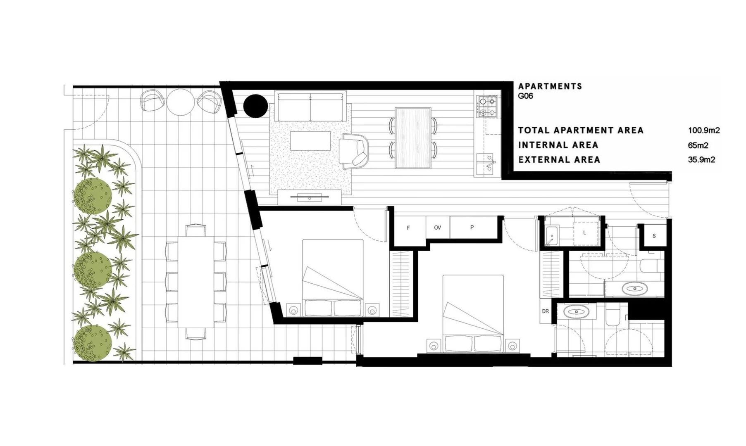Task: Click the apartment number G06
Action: pyautogui.click(x=525, y=96)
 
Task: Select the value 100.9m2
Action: pyautogui.click(x=703, y=130)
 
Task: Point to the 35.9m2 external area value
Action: pyautogui.click(x=701, y=160)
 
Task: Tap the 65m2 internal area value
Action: pyautogui.click(x=698, y=145)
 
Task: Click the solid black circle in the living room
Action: pyautogui.click(x=255, y=106)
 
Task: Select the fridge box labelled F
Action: pyautogui.click(x=408, y=228)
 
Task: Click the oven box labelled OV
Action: pyautogui.click(x=437, y=228)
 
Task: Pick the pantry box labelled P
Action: pyautogui.click(x=472, y=228)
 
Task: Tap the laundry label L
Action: pyautogui.click(x=584, y=233)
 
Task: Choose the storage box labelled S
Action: pyautogui.click(x=654, y=236)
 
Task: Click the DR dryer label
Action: pyautogui.click(x=546, y=311)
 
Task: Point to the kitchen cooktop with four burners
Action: pyautogui.click(x=488, y=106)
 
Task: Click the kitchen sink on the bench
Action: pyautogui.click(x=487, y=163)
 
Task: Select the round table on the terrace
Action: pyautogui.click(x=181, y=102)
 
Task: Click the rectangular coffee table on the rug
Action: pyautogui.click(x=310, y=141)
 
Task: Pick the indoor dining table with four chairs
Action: pyautogui.click(x=413, y=138)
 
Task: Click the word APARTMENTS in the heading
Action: pyautogui.click(x=550, y=86)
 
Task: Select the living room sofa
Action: pyautogui.click(x=310, y=107)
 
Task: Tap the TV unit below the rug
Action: pyautogui.click(x=310, y=197)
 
